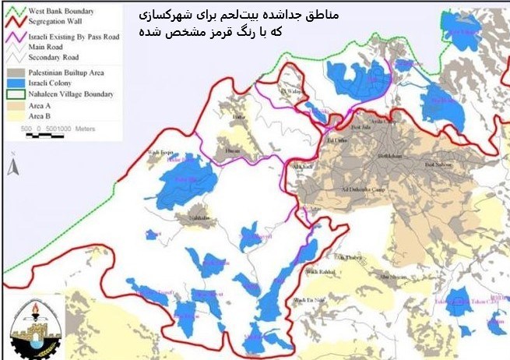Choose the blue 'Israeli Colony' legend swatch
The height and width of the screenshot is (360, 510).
15,82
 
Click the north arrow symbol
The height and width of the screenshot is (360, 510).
12,165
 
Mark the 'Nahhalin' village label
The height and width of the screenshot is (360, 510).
199,219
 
